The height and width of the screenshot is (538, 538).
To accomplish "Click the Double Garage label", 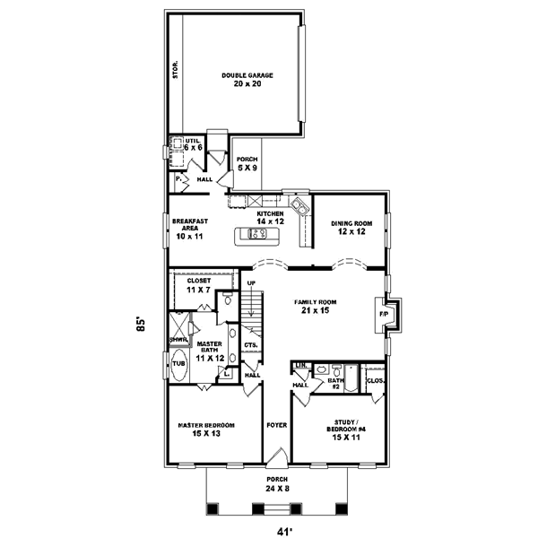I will pyautogui.click(x=247, y=80).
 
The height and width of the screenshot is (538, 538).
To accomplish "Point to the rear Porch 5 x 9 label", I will pyautogui.click(x=247, y=163).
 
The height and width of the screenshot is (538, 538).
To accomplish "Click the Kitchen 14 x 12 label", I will pyautogui.click(x=270, y=218).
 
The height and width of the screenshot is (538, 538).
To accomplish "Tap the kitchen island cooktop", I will pyautogui.click(x=257, y=235).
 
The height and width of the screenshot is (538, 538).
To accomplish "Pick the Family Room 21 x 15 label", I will pyautogui.click(x=314, y=308).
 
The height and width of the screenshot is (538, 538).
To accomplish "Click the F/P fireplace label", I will pyautogui.click(x=384, y=316).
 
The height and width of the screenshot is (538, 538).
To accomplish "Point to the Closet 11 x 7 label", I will pyautogui.click(x=199, y=285).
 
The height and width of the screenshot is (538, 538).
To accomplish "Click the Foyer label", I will pyautogui.click(x=276, y=425).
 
